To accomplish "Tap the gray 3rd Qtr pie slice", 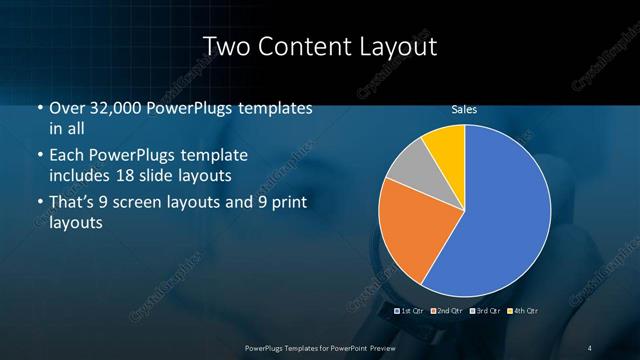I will coord(407,170).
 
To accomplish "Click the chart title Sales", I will coord(463,109).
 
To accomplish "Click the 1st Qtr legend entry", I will coord(411,311).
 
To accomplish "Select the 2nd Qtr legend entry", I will coord(448,311).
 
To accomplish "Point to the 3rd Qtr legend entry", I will coord(485,311).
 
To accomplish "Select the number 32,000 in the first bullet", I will coord(112,108).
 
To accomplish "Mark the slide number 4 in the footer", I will coord(589,348).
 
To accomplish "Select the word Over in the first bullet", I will coord(67,108).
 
